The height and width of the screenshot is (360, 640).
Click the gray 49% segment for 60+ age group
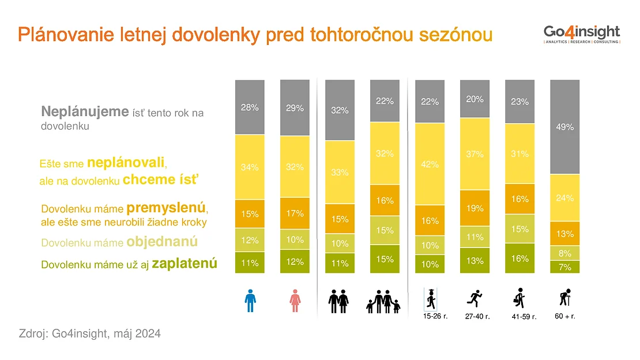(564, 127)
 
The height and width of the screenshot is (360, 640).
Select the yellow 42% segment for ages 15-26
(430, 164)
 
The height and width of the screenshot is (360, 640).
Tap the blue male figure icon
(250, 301)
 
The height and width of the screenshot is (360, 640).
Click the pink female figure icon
(295, 301)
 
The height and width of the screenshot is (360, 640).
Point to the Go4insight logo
(582, 34)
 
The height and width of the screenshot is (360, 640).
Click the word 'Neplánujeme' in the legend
(85, 111)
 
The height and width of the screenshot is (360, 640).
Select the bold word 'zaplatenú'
(185, 264)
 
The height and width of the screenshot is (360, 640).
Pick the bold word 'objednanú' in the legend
(162, 242)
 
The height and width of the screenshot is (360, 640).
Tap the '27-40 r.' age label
(477, 316)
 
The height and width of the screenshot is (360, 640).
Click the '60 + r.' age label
(565, 316)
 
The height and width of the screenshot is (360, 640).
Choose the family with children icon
(383, 302)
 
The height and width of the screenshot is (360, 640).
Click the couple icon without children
(338, 302)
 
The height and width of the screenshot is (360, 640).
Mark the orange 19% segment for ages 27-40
(475, 208)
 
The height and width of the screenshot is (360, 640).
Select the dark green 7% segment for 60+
(564, 267)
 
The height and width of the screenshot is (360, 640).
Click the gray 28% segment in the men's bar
(250, 107)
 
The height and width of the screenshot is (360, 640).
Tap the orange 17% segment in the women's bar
(295, 213)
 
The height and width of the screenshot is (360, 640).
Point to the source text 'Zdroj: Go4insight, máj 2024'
(90, 333)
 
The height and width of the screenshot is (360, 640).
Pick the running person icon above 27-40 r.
(475, 299)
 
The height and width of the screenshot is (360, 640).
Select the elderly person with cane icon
(565, 297)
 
